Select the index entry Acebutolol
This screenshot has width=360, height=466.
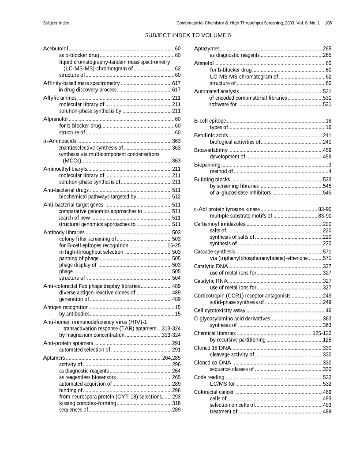[56, 49]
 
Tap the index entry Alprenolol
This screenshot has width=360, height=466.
[56, 119]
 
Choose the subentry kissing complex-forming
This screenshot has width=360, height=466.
[87, 403]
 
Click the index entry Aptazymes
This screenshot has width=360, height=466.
[206, 49]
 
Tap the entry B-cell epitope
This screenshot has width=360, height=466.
[210, 120]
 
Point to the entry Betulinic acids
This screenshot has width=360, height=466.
[211, 135]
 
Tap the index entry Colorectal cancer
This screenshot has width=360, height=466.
[214, 392]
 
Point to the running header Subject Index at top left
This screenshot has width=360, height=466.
[56, 23]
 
